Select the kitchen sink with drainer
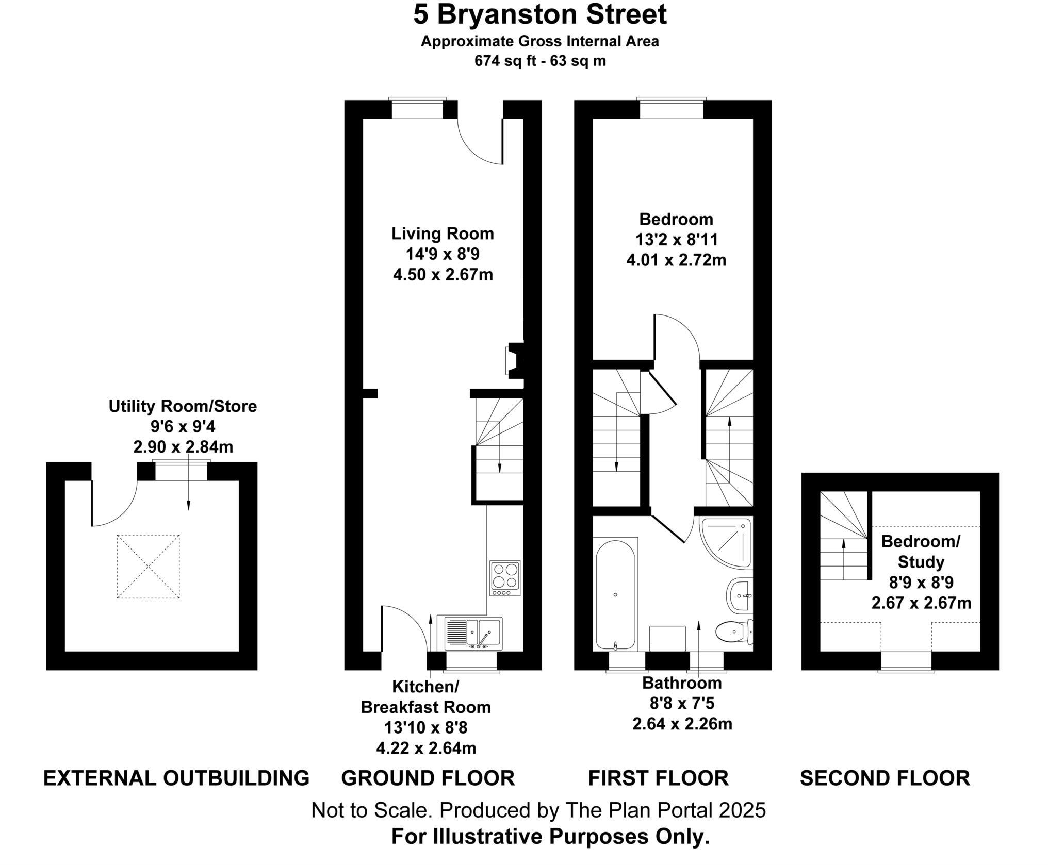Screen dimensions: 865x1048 pos(469,633)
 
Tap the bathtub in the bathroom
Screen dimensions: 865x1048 pos(615,594)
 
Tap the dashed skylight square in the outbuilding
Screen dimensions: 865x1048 pos(149,567)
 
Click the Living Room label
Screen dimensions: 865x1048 pos(443,234)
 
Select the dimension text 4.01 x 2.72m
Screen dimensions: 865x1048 pos(676,260)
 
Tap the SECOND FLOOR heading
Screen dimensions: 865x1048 pos(885,778)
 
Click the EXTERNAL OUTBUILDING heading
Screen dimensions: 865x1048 pos(176,778)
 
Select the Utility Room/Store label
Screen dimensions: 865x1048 pos(183,406)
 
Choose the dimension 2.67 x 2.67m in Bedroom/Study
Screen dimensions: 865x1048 pos(921,603)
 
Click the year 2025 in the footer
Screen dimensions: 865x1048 pos(742,810)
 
